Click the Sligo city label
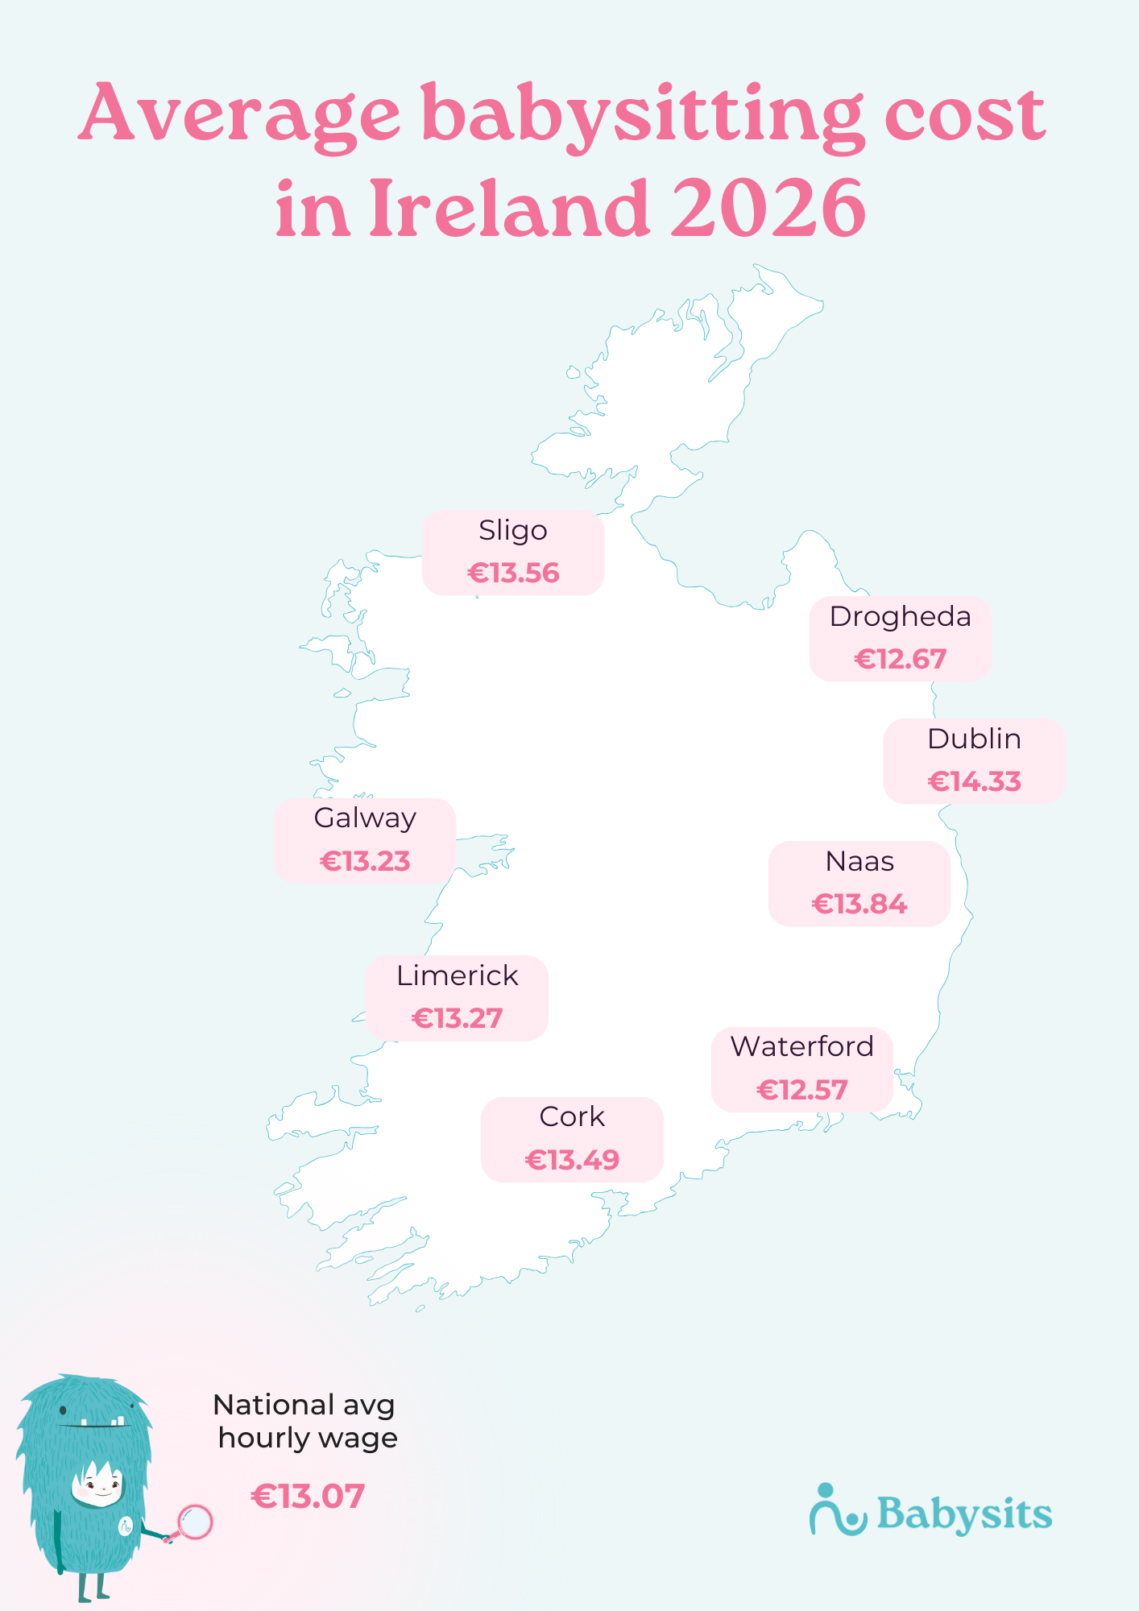[513, 531]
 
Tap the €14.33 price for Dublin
[975, 781]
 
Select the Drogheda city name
[900, 617]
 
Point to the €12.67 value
[900, 660]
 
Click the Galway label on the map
[365, 818]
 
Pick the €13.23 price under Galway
[365, 862]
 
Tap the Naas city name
[859, 862]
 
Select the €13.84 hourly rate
[859, 905]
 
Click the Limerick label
[457, 976]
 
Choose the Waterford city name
[801, 1046]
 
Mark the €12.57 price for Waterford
[801, 1091]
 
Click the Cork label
[572, 1117]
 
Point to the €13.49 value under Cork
[572, 1160]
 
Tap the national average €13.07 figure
[308, 1497]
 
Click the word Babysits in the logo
[964, 1515]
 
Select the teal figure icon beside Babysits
[836, 1511]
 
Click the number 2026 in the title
[768, 208]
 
